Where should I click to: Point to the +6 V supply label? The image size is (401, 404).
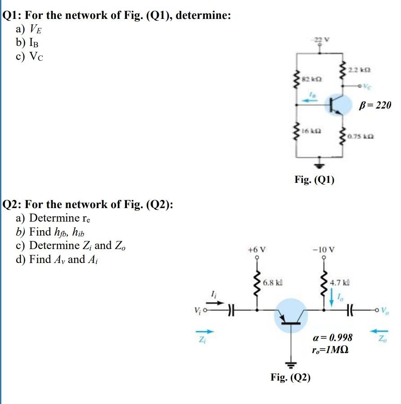[x=257, y=249]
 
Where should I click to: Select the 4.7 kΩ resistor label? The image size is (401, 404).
[x=340, y=283]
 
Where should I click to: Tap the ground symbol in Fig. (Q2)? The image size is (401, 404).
[x=290, y=363]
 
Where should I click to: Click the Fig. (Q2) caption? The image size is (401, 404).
[x=290, y=377]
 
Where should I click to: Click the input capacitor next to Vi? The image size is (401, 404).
[x=231, y=310]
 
